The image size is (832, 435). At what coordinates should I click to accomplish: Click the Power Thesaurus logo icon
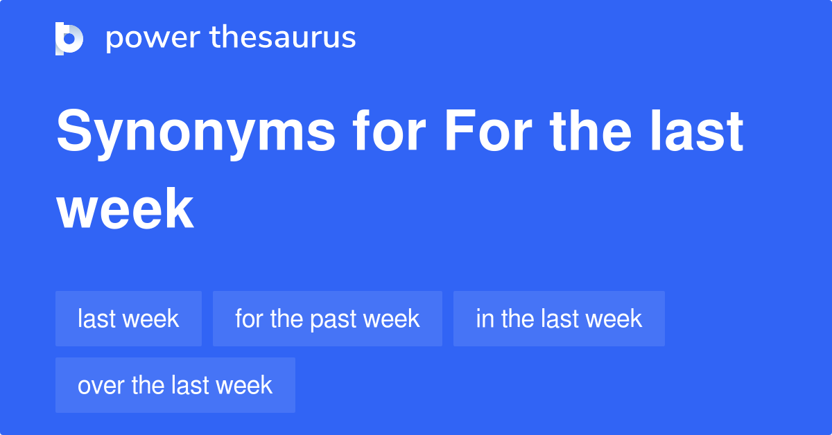[x=69, y=38]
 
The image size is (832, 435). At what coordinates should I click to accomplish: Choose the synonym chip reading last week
[x=128, y=319]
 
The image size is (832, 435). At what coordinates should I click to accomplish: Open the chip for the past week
[x=327, y=319]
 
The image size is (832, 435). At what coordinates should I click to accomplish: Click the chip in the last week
[x=559, y=319]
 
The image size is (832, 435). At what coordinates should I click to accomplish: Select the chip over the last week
[x=175, y=385]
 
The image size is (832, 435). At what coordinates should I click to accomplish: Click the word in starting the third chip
[x=483, y=319]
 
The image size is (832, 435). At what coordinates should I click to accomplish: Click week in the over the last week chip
[x=246, y=385]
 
